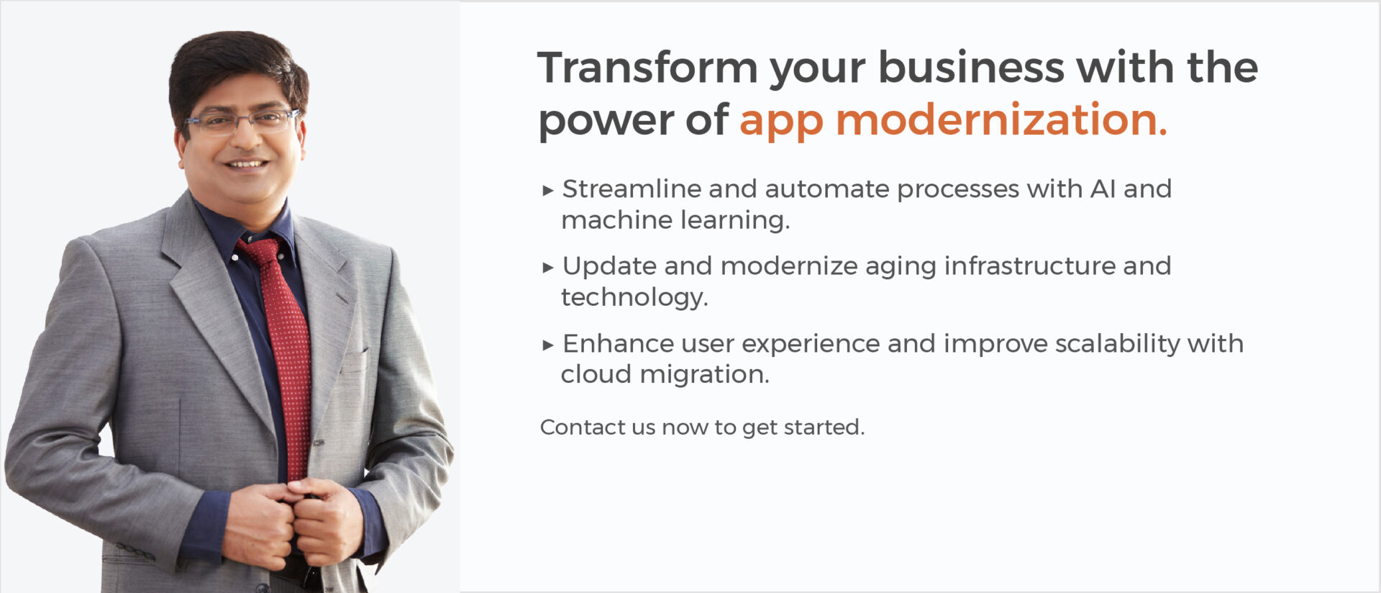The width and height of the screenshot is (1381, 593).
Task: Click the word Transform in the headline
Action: (647, 68)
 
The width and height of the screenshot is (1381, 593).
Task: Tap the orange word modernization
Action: (1001, 119)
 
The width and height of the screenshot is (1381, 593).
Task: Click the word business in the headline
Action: (971, 68)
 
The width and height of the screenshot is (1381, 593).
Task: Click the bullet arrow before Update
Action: (548, 268)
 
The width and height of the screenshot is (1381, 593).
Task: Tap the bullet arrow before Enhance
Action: (548, 345)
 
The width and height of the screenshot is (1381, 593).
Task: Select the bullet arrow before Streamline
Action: (548, 191)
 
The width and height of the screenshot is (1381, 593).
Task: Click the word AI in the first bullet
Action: (1103, 189)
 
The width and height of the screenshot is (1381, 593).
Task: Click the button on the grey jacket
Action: (319, 442)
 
